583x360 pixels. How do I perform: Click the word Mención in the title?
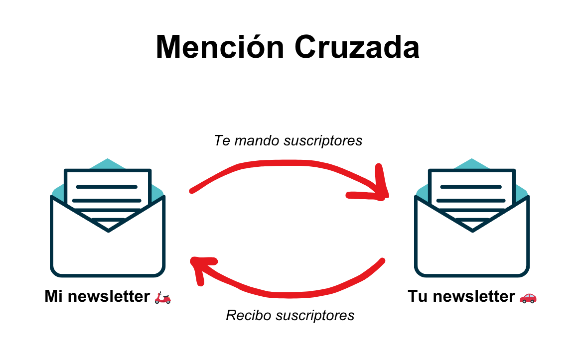click(x=220, y=48)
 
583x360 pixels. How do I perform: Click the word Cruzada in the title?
click(x=356, y=48)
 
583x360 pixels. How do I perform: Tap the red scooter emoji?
click(x=162, y=298)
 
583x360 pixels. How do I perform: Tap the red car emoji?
click(x=528, y=298)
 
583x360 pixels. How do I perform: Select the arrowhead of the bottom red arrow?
click(x=200, y=267)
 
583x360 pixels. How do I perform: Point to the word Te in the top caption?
click(x=222, y=141)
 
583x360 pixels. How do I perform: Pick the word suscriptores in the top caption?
click(x=323, y=141)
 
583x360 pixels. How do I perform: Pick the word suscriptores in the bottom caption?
click(x=315, y=315)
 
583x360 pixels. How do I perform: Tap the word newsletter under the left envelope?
click(x=109, y=297)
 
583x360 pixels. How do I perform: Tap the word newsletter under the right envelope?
click(x=473, y=297)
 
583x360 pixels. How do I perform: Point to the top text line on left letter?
click(x=106, y=187)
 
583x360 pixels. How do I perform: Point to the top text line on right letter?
click(x=470, y=187)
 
